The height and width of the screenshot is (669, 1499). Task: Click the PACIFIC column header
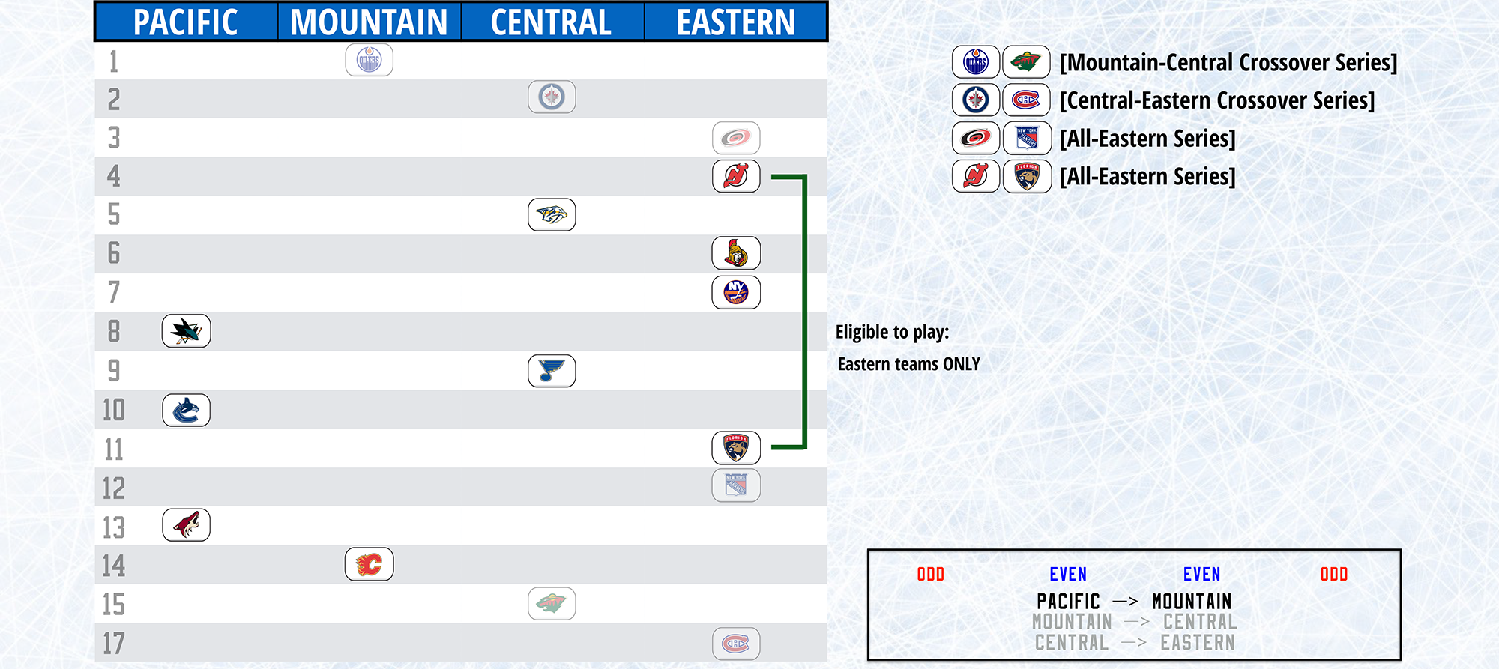[185, 22]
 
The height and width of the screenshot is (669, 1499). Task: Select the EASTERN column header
[736, 22]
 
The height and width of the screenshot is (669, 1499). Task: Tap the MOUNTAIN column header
[369, 22]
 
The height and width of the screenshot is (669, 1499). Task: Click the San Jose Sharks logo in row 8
[187, 331]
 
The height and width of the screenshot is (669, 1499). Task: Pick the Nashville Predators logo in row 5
[552, 215]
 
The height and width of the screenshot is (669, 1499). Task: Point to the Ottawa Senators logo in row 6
[736, 253]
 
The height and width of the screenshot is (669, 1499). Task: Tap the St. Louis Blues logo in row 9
[552, 371]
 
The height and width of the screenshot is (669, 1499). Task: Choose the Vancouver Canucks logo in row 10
[187, 411]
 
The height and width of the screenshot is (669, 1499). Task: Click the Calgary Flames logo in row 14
[369, 564]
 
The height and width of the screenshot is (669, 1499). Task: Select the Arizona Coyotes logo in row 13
[187, 525]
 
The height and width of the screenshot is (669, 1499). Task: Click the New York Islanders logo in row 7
[736, 292]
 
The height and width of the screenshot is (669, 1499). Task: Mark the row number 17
[114, 644]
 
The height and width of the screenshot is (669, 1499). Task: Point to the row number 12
[114, 488]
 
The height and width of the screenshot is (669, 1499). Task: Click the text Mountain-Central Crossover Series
[1228, 63]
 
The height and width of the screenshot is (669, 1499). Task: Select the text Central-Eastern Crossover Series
[1217, 101]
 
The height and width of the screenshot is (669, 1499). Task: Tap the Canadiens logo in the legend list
[1027, 100]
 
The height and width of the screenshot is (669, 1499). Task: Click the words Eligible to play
[893, 333]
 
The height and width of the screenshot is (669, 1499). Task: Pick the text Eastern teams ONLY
[909, 364]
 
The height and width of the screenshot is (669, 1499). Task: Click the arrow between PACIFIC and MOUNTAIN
[1125, 602]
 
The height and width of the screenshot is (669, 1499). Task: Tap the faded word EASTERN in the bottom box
[1198, 643]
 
